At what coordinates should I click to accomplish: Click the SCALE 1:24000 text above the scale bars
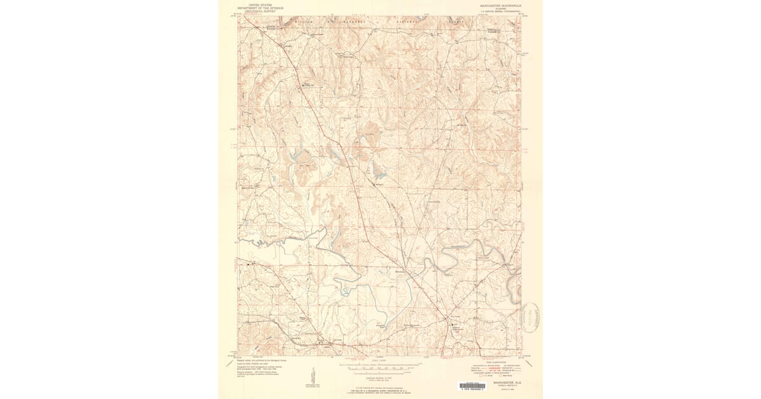coord(379,361)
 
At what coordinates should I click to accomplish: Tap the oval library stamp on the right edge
coord(531,316)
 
